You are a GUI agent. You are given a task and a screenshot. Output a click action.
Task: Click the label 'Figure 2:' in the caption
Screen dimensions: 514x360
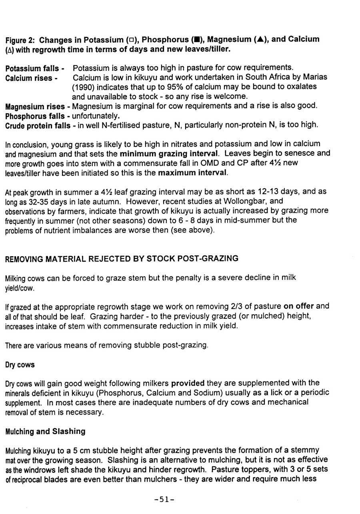tap(21, 40)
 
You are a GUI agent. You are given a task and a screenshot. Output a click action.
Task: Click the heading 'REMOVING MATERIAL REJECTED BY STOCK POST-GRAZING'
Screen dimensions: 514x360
tap(121, 259)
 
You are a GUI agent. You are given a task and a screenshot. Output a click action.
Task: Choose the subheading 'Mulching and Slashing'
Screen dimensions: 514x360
tap(46, 431)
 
